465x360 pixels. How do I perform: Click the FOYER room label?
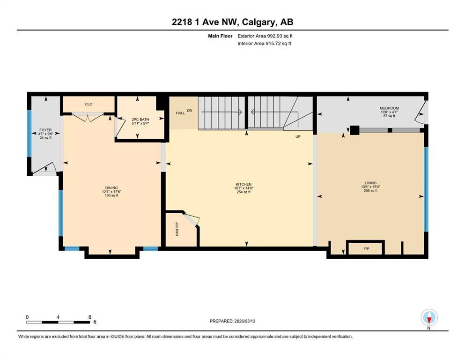pos(45,130)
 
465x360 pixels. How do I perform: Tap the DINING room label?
pos(111,188)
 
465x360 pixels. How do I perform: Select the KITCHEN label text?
pos(244,184)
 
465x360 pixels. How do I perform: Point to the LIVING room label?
pos(370,183)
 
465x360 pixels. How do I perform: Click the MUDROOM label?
pos(389,108)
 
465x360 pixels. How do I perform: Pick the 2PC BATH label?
pos(140,120)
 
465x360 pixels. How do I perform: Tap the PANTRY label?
pos(177,229)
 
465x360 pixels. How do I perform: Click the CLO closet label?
pos(89,104)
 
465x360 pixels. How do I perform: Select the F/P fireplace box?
pos(366,248)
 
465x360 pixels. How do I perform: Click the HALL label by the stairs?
pos(180,113)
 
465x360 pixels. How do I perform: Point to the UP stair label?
pos(298,137)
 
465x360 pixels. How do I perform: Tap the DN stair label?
pos(190,111)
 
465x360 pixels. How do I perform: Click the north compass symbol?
pos(429,318)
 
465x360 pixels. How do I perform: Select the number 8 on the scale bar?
pos(90,317)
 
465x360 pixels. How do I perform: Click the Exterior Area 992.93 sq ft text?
pos(265,36)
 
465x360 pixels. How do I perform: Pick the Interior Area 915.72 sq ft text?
pos(264,43)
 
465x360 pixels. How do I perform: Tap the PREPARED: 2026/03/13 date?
pos(232,321)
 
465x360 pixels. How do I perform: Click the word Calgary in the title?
pos(258,22)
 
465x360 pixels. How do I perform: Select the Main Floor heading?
pos(220,36)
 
